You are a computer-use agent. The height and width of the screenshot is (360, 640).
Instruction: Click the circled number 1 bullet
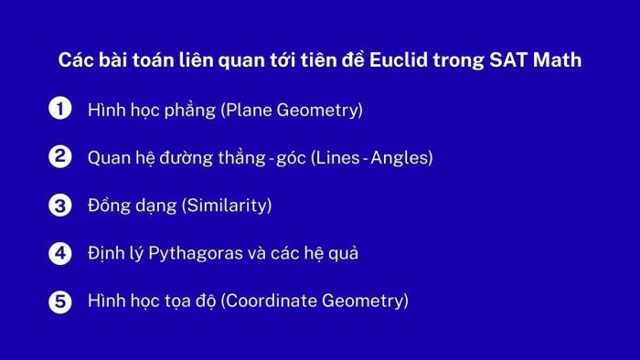(x=59, y=110)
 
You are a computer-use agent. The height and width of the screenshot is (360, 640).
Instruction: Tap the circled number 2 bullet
(x=59, y=157)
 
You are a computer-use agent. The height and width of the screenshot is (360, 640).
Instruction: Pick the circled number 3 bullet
(x=59, y=205)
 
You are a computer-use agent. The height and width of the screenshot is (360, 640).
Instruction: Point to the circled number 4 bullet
(x=59, y=252)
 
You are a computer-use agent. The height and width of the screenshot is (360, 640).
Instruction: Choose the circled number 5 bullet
(x=59, y=300)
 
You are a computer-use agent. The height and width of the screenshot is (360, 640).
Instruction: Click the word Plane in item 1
(x=246, y=111)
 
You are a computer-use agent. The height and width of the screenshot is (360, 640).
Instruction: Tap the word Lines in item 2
(x=338, y=157)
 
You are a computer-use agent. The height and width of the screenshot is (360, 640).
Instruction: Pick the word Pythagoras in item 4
(x=181, y=253)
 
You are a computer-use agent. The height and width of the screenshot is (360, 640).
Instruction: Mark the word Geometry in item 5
(x=363, y=302)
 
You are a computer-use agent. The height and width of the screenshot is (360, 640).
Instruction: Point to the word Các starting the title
(x=75, y=61)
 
